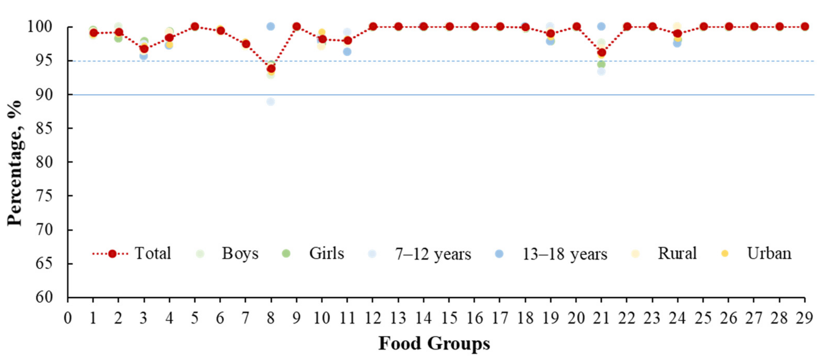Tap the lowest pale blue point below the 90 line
pos(270,102)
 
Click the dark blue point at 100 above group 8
pos(270,26)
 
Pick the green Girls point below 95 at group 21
pos(601,64)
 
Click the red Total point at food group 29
pos(805,26)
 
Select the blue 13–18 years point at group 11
pos(347,52)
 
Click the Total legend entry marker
pos(112,254)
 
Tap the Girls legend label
pos(326,254)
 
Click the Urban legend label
pos(769,254)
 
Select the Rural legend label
pos(677,254)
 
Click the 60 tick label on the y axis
pos(44,297)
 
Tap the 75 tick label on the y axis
pos(44,196)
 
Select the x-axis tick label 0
pos(68,318)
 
